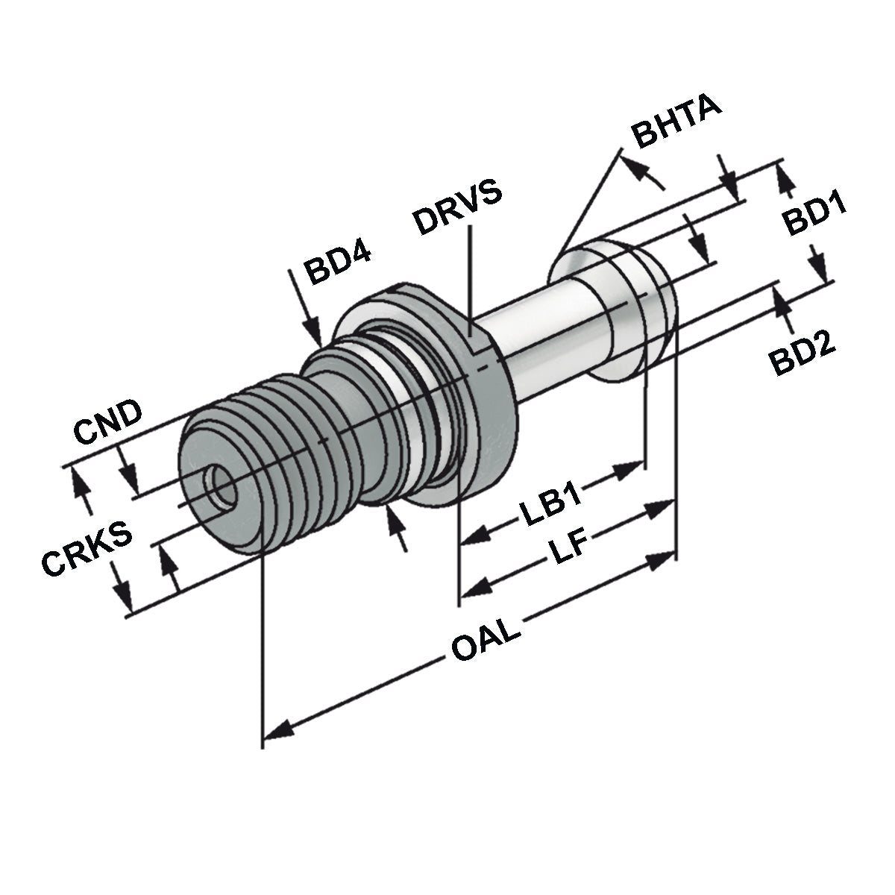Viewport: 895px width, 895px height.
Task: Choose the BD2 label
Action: (x=803, y=353)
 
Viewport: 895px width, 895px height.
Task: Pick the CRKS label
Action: (x=87, y=550)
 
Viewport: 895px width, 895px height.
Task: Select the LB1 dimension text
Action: (x=553, y=506)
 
